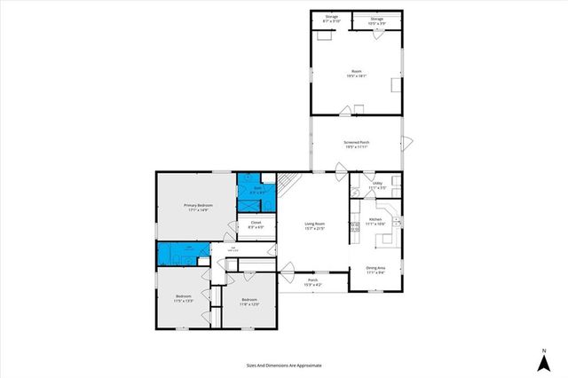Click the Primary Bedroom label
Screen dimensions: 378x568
point(195,208)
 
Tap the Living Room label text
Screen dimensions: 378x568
point(314,226)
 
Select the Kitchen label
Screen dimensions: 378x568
point(375,222)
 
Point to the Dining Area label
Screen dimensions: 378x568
point(375,270)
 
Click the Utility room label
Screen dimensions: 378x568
point(377,185)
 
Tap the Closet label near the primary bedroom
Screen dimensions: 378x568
point(255,224)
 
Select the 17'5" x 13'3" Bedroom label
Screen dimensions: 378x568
point(184,298)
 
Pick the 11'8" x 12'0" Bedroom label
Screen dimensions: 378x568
point(248,303)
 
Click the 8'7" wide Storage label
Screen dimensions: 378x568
point(331,18)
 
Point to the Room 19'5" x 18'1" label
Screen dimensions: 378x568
point(357,74)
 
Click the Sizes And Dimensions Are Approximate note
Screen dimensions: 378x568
point(284,365)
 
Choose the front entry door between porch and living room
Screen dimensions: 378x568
point(292,266)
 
